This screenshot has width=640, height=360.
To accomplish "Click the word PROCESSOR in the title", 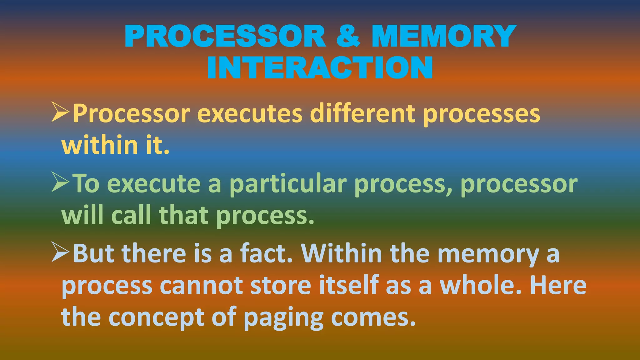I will tap(225, 36).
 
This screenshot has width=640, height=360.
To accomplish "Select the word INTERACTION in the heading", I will tap(320, 68).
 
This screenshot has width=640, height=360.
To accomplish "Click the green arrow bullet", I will tap(60, 183).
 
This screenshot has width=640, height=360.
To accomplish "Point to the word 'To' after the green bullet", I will tap(86, 184).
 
